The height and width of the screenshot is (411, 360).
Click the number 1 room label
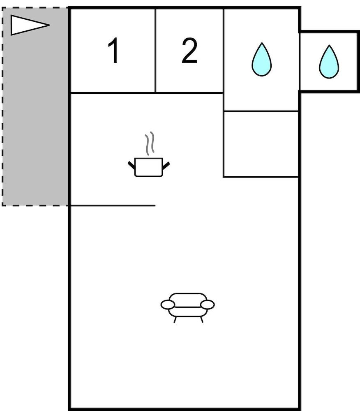(x=113, y=51)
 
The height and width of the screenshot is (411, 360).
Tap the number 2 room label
(x=189, y=51)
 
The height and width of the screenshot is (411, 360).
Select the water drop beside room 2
(x=261, y=60)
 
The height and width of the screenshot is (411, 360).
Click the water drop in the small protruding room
(x=329, y=62)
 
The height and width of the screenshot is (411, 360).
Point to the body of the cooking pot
(x=148, y=168)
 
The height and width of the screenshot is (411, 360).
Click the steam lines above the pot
(x=150, y=143)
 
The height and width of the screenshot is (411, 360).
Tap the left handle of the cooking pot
(x=132, y=165)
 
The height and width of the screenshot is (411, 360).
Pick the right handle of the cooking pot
(x=166, y=165)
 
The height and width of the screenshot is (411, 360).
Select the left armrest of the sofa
(x=168, y=305)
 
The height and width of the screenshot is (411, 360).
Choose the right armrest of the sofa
(x=207, y=305)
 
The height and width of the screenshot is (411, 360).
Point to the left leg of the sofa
(x=175, y=319)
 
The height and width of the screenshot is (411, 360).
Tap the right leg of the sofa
(x=201, y=319)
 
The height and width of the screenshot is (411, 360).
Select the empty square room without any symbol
(x=261, y=144)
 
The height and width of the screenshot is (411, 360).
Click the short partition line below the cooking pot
(x=113, y=205)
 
